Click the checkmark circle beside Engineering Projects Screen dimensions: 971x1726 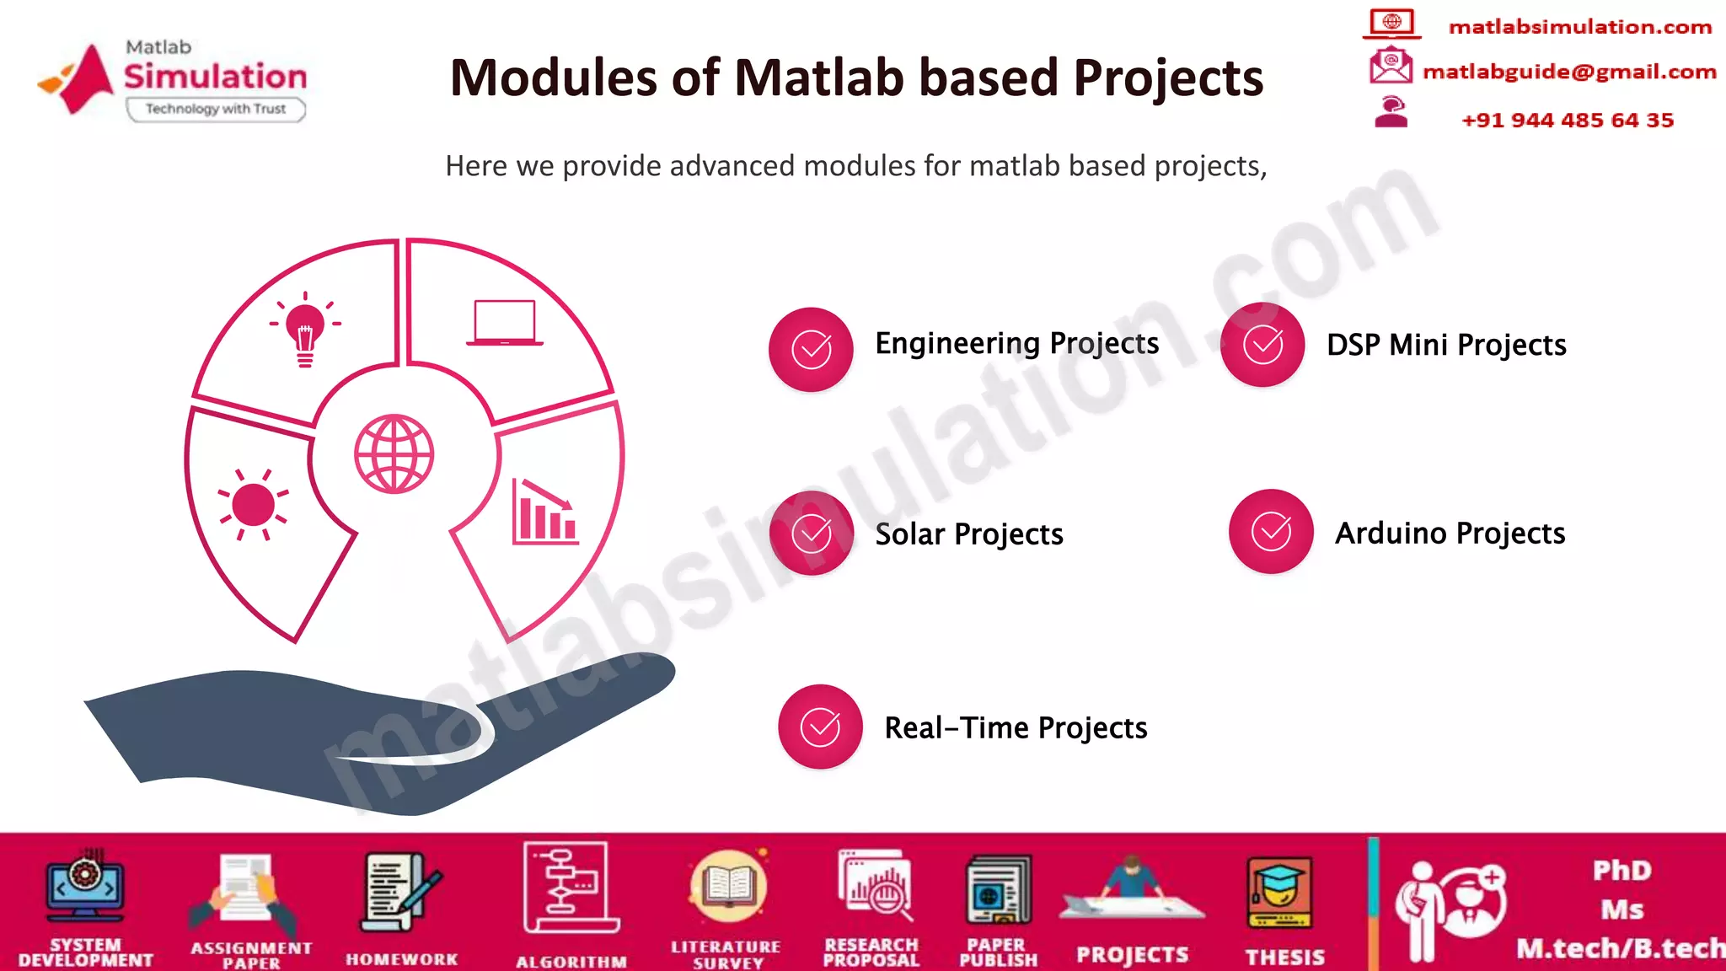811,349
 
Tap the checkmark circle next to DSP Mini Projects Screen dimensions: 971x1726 1262,345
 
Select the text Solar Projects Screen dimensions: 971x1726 969,534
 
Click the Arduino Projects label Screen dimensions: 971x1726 1450,534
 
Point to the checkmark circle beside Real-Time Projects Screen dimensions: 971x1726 820,727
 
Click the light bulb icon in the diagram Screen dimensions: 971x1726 305,330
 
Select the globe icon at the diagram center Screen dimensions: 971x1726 394,453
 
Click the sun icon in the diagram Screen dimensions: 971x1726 253,504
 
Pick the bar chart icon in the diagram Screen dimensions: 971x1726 544,513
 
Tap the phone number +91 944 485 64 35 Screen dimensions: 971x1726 1568,121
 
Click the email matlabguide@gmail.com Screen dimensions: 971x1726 1569,72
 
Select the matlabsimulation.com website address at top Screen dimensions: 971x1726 1579,27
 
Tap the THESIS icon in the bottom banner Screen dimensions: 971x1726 1279,893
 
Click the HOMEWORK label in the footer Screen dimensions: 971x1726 401,959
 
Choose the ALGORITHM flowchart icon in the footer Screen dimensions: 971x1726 570,888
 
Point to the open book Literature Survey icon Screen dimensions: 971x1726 728,887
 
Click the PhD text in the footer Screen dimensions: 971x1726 1621,871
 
